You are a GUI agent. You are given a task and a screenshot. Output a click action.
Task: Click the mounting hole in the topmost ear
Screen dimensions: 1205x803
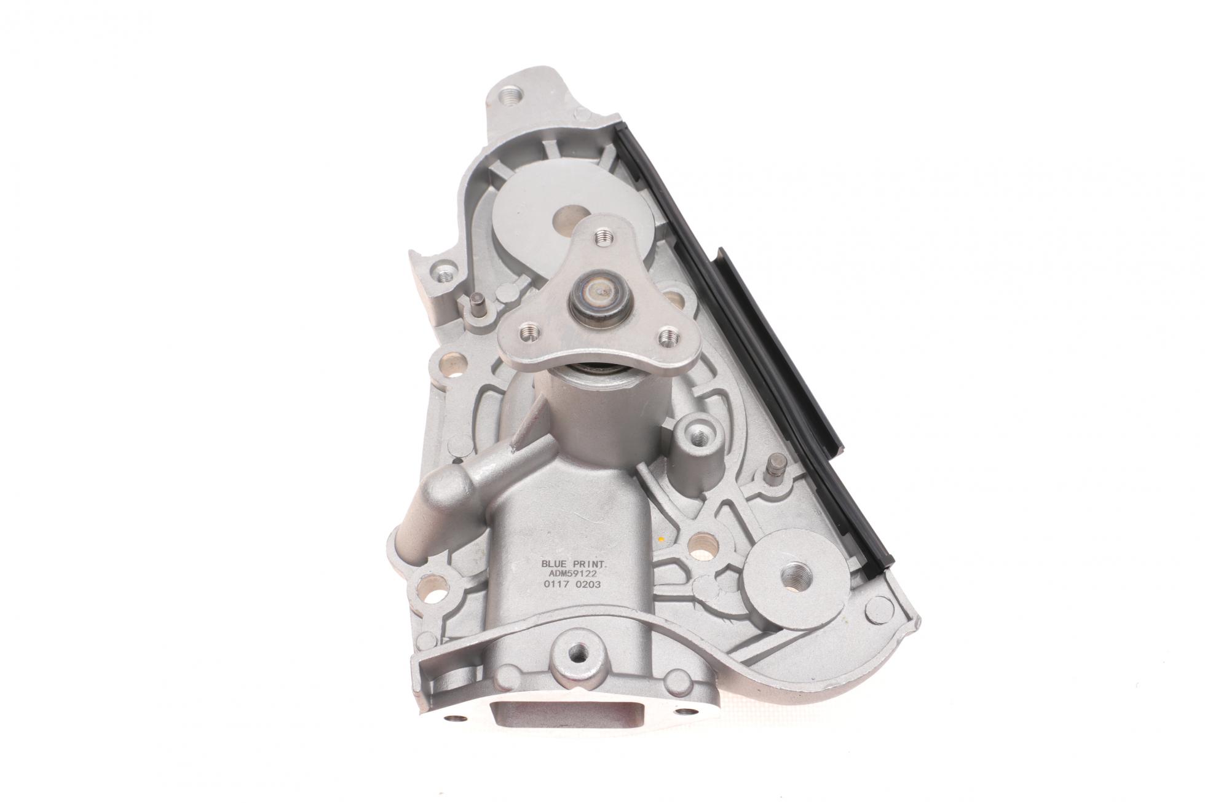coord(510,95)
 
